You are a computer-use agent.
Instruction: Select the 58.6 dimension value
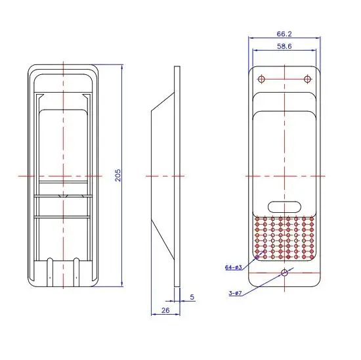[284, 47]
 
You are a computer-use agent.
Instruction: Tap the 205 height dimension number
[118, 175]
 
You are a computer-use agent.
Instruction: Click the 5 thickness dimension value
[192, 296]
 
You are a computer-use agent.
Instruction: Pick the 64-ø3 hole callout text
[234, 267]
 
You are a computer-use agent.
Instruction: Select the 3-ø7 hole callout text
[235, 293]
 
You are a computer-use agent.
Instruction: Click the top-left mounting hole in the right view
[261, 80]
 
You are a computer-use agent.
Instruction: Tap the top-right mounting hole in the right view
[307, 80]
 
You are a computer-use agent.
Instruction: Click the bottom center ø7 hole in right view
[284, 273]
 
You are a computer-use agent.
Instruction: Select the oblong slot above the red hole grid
[284, 204]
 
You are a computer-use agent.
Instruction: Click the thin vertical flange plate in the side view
[177, 175]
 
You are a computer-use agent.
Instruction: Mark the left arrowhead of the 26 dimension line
[152, 313]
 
